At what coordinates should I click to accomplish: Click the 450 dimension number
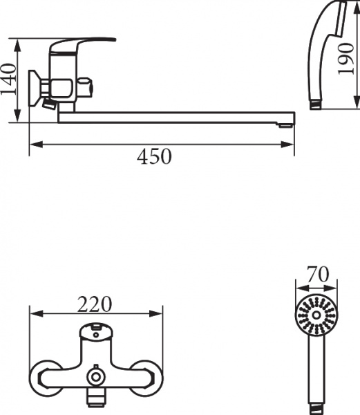coord(154,158)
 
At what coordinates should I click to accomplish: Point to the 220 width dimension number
coord(96,304)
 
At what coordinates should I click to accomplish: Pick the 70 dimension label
coord(316,275)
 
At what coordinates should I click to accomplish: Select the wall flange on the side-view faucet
coord(33,87)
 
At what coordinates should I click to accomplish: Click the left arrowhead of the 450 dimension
coord(33,144)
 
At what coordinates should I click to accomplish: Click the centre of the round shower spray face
coord(316,315)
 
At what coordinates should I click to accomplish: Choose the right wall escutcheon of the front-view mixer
coord(151,376)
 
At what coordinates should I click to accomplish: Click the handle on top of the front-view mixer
coord(97,333)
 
